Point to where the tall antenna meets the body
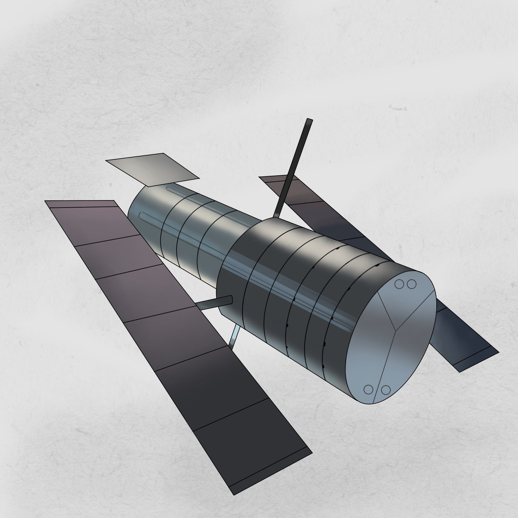point(276,217)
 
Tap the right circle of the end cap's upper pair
point(412,284)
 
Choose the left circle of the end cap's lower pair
point(368,390)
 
